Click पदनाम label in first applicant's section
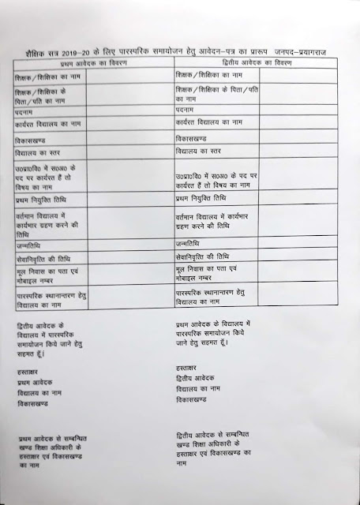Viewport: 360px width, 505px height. tap(28, 113)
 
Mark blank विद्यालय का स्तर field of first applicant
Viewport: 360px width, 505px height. tap(128, 151)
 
